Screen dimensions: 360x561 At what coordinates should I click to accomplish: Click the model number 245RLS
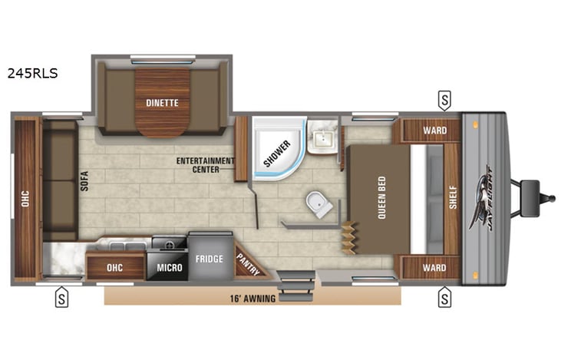coord(31,74)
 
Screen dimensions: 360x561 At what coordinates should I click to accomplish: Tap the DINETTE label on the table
coord(162,102)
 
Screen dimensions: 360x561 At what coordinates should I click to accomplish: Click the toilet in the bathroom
coord(318,205)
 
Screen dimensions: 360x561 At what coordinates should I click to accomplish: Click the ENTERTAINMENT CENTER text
coord(205,165)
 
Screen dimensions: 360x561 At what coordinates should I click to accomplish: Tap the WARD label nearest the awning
coord(434,267)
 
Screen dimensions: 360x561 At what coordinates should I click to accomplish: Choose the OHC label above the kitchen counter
coord(114,267)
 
